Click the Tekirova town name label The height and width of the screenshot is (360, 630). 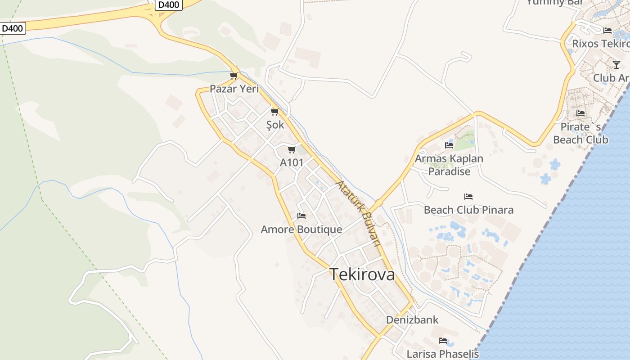point(362,274)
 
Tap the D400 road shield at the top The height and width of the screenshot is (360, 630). point(169,5)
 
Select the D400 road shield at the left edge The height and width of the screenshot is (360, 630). point(12,28)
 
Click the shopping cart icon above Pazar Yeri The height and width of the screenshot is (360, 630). point(234,76)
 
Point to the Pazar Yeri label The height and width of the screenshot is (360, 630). point(234,89)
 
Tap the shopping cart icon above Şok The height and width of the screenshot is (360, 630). point(274,112)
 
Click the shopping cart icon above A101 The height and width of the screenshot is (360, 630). point(292,149)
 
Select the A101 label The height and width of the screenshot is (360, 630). point(292,162)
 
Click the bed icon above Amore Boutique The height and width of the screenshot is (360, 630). point(301,216)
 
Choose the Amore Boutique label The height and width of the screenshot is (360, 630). point(301,229)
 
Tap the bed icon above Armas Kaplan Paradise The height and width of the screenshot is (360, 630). point(449,145)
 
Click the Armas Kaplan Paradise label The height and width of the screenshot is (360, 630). point(449,165)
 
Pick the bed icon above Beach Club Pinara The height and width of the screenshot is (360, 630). point(468,197)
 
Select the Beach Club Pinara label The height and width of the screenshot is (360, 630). point(468,210)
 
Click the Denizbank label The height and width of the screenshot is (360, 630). point(412,320)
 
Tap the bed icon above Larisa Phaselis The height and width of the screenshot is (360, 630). point(443,341)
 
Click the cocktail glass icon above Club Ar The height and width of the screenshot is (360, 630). point(616,65)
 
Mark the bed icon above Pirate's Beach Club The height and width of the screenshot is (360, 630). point(580,113)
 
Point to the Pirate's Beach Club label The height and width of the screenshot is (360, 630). point(580,133)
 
